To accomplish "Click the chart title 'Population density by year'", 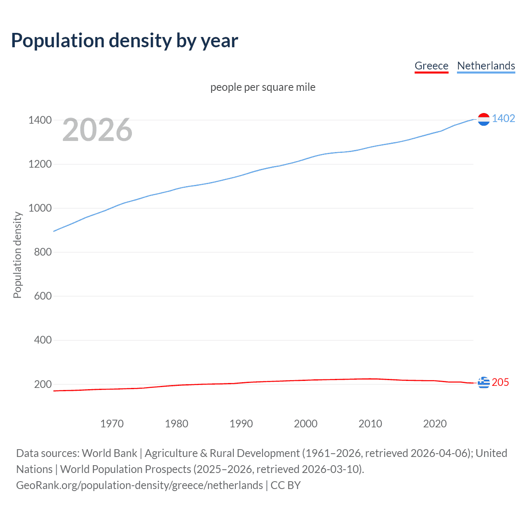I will click(x=125, y=41).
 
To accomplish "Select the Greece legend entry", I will click(x=431, y=66).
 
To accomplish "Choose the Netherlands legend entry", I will click(x=486, y=66).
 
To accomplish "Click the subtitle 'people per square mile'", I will click(x=263, y=87).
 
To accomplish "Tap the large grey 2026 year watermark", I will click(x=97, y=130).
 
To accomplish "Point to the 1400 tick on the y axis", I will click(x=40, y=120).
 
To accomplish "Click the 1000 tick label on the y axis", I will click(x=40, y=208).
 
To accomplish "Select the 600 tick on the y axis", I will click(x=43, y=296).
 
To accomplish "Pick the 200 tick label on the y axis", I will click(x=43, y=384).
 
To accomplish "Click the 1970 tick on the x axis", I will click(x=112, y=424).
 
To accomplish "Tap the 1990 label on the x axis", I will click(x=241, y=424).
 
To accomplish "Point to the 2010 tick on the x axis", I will click(x=370, y=424).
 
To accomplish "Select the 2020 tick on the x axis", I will click(x=435, y=424).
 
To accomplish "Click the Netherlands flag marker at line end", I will click(x=484, y=119).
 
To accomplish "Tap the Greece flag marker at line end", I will click(x=484, y=383).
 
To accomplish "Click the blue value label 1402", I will click(x=503, y=118).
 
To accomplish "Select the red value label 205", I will click(x=500, y=382).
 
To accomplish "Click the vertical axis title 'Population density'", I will click(x=17, y=255).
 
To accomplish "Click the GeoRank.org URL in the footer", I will click(x=139, y=485).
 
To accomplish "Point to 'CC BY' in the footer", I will click(x=286, y=485).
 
